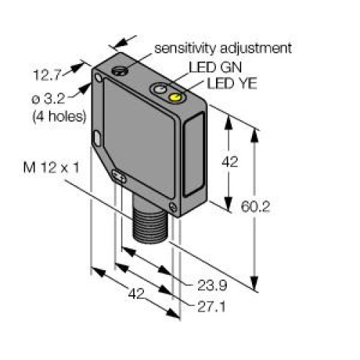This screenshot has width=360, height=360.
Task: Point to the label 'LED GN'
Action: click(x=210, y=68)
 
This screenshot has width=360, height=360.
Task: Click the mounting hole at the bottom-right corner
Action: click(x=173, y=207)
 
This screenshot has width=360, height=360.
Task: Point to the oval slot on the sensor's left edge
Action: click(x=97, y=137)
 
